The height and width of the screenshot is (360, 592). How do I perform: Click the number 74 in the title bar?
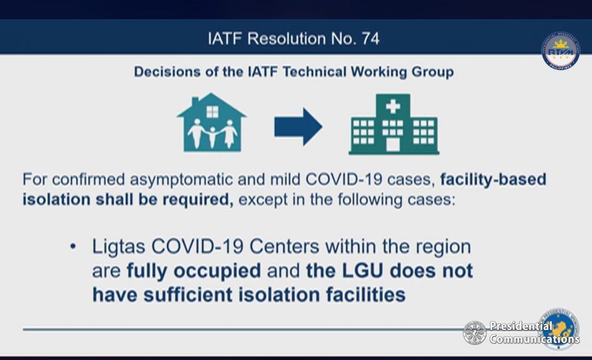click(x=371, y=38)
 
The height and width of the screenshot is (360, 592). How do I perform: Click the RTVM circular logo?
click(x=561, y=51)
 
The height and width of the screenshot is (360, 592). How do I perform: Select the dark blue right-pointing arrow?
click(x=298, y=127)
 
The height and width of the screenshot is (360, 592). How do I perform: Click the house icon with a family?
click(x=212, y=123)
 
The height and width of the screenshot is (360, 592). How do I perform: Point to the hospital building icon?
click(x=393, y=124)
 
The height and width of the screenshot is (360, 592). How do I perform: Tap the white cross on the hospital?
click(x=393, y=107)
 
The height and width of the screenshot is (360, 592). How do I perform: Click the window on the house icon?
click(x=212, y=112)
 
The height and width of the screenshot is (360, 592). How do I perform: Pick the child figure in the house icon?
click(x=212, y=137)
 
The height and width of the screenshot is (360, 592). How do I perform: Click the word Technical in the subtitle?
click(x=314, y=72)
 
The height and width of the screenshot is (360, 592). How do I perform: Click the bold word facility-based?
click(x=493, y=179)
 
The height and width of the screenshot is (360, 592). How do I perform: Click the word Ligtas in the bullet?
click(x=119, y=247)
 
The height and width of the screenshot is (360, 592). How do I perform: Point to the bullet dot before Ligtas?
click(x=73, y=247)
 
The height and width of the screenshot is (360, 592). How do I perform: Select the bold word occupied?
click(x=218, y=271)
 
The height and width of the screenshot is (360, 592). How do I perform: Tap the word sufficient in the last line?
click(x=187, y=295)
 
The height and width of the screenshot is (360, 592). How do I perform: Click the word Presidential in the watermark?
click(x=521, y=325)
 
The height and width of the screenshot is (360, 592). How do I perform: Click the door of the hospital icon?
click(x=393, y=144)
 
